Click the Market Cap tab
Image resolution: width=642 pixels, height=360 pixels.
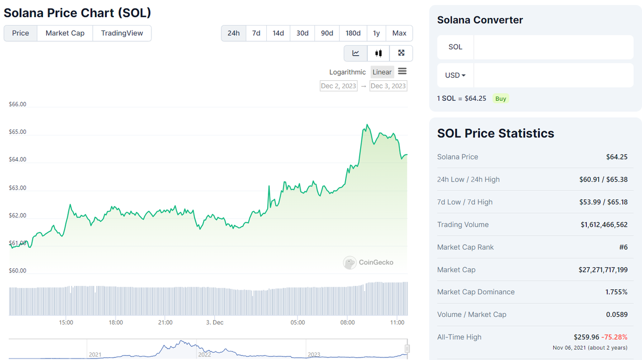pyautogui.click(x=65, y=33)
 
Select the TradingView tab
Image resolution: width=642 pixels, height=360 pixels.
pyautogui.click(x=122, y=33)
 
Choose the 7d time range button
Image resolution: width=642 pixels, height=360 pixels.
pyautogui.click(x=256, y=33)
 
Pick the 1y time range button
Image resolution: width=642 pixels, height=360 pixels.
pyautogui.click(x=376, y=33)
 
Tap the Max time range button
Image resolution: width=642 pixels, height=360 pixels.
pyautogui.click(x=399, y=33)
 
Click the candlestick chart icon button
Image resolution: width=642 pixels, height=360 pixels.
pyautogui.click(x=379, y=53)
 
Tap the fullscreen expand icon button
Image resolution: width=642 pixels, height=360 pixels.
pyautogui.click(x=401, y=53)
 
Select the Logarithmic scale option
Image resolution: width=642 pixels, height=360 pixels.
pyautogui.click(x=348, y=72)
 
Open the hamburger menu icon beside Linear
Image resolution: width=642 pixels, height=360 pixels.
pyautogui.click(x=402, y=72)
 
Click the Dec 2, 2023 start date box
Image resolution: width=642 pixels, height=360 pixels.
pyautogui.click(x=339, y=86)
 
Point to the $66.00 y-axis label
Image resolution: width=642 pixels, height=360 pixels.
pyautogui.click(x=18, y=104)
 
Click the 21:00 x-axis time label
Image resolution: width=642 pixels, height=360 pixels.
pyautogui.click(x=165, y=322)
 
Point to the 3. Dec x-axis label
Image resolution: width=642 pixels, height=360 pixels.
pyautogui.click(x=215, y=322)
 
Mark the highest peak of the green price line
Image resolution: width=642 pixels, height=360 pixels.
pyautogui.click(x=367, y=125)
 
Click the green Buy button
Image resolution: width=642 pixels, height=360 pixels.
pyautogui.click(x=501, y=99)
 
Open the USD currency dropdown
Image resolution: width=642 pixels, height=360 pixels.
pyautogui.click(x=455, y=75)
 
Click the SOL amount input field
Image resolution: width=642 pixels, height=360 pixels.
pyautogui.click(x=553, y=47)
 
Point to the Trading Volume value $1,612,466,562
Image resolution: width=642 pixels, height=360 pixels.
pyautogui.click(x=604, y=225)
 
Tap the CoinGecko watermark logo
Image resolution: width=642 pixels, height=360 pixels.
pyautogui.click(x=368, y=262)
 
